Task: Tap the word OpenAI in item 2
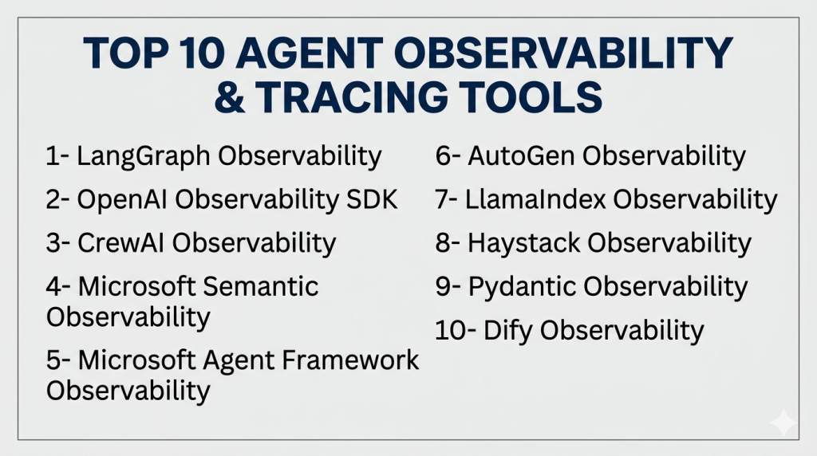pos(122,199)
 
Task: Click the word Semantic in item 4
pos(260,286)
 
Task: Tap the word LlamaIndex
pos(535,199)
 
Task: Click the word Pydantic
pos(522,287)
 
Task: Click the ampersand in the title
pos(229,96)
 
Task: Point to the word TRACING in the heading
pos(351,96)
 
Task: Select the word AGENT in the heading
pos(310,53)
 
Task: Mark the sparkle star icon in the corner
pos(783,423)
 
